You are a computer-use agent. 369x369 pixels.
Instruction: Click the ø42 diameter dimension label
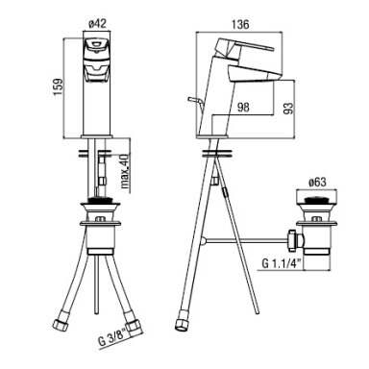tap(97, 24)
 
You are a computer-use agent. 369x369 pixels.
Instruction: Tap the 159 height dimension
tap(58, 86)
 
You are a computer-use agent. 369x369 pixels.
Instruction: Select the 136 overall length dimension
tap(239, 24)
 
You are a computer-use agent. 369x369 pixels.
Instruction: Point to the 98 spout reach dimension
tap(243, 107)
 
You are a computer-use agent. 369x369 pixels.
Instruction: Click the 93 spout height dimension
tap(289, 108)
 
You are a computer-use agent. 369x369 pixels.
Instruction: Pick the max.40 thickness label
tap(125, 171)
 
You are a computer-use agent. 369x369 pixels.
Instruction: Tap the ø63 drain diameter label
tap(317, 183)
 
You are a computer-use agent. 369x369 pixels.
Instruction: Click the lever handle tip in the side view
tap(272, 49)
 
